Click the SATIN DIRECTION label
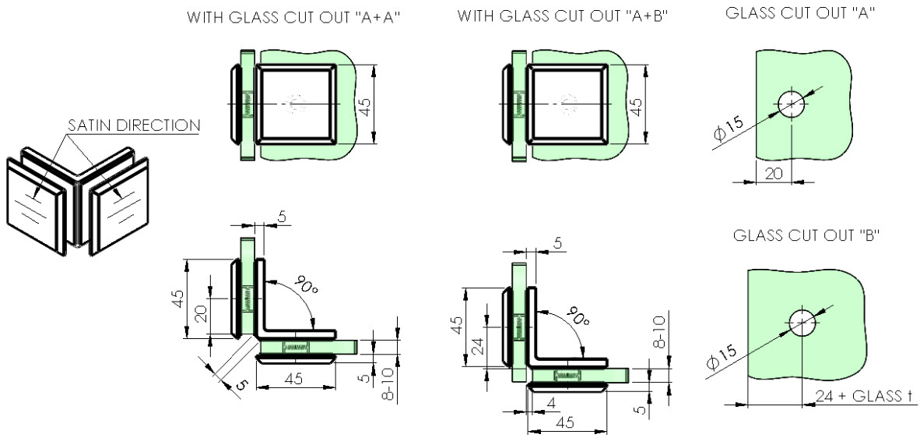coord(134,125)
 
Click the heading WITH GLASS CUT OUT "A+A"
coord(293,17)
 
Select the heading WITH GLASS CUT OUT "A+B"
coord(564,16)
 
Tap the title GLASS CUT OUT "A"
coord(800,13)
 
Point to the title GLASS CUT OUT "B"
coord(807,235)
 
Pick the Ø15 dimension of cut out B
coord(721,356)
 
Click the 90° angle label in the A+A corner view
coord(304,284)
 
